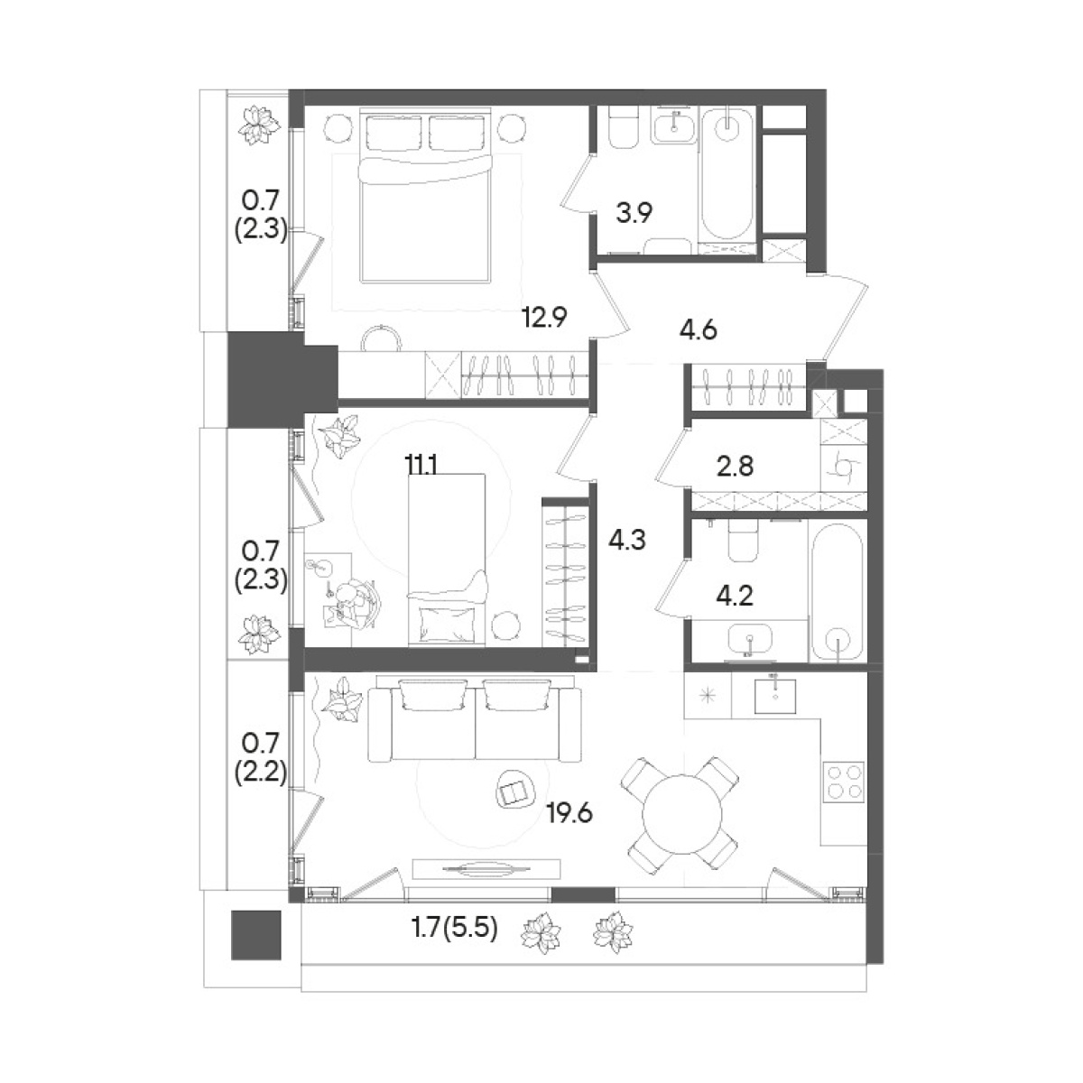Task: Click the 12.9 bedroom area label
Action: pos(544,318)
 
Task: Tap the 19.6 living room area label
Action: pos(569,813)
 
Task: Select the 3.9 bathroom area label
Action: pos(634,214)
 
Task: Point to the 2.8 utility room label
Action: pos(735,466)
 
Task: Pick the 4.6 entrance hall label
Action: pos(698,330)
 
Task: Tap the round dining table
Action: pos(681,813)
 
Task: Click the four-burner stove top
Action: pos(844,782)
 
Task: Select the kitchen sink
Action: pos(775,696)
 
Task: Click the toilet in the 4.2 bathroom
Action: pos(744,540)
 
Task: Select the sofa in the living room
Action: pos(475,720)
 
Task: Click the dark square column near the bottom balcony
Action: pos(255,935)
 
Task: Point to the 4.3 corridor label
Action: pos(627,540)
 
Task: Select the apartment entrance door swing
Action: pos(844,315)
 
